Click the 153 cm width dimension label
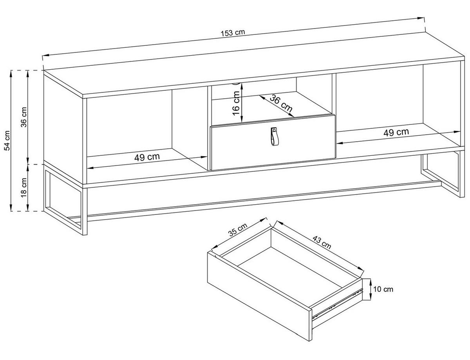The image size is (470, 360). [x=233, y=33]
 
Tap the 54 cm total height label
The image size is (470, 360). [x=7, y=140]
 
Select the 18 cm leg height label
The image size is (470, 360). [x=24, y=187]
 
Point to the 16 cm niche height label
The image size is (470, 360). [x=237, y=103]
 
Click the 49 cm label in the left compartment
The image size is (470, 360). [x=147, y=157]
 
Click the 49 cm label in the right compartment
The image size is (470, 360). [x=396, y=132]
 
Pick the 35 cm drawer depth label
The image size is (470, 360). [x=238, y=230]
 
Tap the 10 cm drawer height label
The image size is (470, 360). [x=383, y=289]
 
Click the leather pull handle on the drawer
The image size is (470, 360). [x=275, y=137]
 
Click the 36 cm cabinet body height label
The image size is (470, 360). [x=24, y=117]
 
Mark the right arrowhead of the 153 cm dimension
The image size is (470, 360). [x=419, y=18]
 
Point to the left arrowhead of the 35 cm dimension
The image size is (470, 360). [x=215, y=247]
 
